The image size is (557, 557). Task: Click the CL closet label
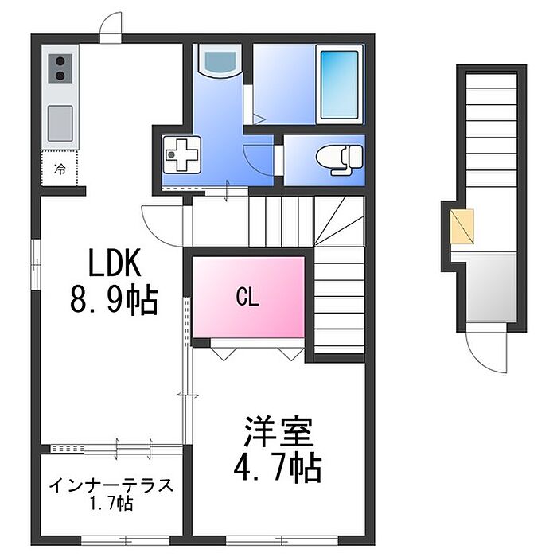pos(247,298)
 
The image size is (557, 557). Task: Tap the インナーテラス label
pos(111,485)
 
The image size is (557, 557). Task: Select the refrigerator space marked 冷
pos(60,169)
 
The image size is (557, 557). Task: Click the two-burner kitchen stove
pos(61,69)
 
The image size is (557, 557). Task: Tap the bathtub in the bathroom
pos(340,82)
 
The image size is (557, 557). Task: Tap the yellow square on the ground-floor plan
pos(462,226)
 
